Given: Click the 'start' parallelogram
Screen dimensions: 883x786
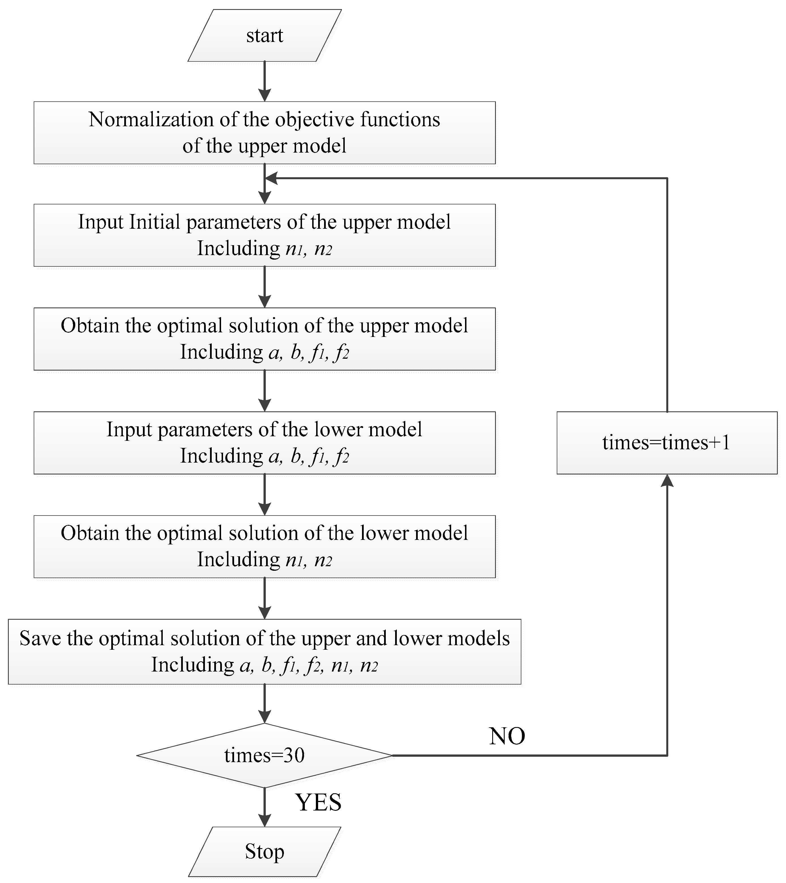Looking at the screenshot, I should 264,35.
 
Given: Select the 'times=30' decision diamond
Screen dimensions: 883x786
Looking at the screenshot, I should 264,756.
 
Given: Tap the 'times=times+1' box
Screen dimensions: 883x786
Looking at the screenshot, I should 666,443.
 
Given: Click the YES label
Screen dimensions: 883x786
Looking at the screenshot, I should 318,802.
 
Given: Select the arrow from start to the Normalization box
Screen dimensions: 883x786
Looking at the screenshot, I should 264,81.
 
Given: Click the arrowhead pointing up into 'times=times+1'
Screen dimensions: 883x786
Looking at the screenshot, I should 667,481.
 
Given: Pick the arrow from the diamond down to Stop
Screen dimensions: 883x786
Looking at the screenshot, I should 264,807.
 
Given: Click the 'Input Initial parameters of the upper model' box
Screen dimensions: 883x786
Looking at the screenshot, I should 264,235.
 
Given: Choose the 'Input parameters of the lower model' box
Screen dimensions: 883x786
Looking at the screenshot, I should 264,442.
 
